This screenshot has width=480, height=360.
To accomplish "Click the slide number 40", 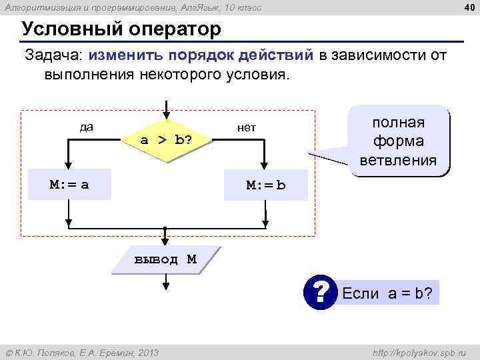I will (x=469, y=7).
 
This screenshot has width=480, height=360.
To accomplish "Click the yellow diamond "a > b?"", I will (x=165, y=140).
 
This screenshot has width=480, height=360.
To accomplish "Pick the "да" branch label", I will (x=86, y=127).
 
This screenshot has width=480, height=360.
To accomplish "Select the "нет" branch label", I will (x=247, y=127).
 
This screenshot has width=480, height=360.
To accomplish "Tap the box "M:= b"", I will (x=265, y=185).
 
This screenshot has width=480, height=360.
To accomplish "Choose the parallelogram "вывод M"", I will (x=165, y=259).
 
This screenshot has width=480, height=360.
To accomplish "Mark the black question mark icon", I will (x=321, y=292).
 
